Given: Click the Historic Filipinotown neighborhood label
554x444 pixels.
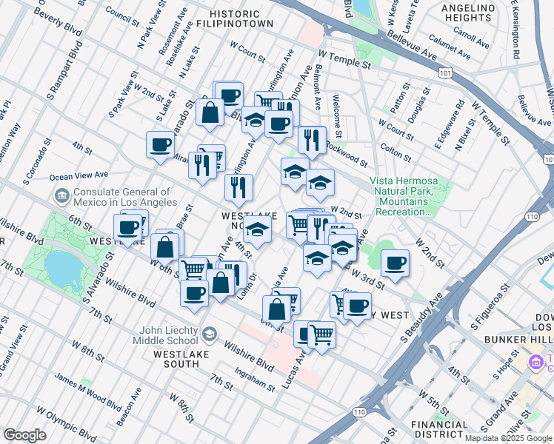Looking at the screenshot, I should [234, 18].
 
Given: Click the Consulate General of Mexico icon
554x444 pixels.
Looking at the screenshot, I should [61, 196].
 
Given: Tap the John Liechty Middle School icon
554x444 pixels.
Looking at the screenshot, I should [210, 335].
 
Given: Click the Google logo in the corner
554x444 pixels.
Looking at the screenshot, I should [24, 435].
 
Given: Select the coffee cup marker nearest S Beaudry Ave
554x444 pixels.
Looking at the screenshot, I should [396, 263].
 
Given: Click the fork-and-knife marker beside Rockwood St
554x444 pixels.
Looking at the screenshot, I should [312, 139].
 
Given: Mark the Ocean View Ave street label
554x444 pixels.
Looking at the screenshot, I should [79, 175].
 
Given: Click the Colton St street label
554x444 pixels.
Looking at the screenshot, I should [396, 152].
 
